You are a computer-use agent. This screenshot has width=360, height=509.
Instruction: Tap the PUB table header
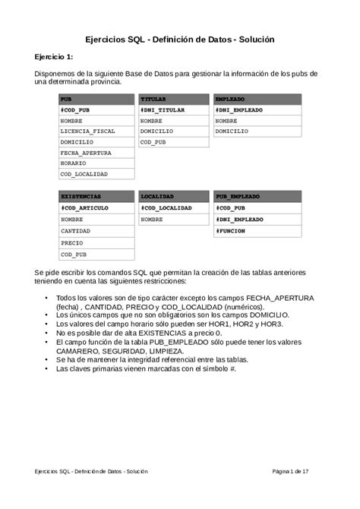click(x=96, y=100)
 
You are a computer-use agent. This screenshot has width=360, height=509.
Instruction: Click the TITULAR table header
click(x=173, y=100)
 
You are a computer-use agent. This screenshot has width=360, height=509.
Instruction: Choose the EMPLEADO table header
click(x=257, y=100)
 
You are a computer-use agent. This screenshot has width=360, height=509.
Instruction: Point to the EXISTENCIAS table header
click(x=96, y=196)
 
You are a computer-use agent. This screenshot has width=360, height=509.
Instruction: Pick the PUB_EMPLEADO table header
click(x=257, y=196)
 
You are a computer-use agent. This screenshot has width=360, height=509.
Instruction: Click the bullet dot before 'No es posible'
click(x=48, y=333)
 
